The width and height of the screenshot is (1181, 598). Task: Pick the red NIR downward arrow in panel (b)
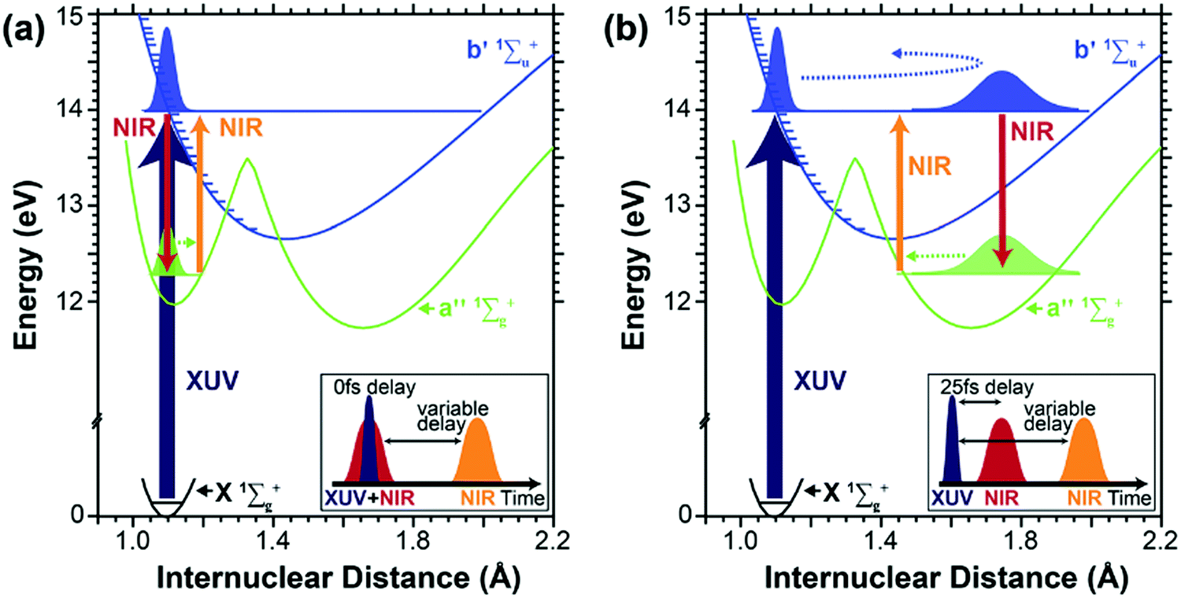[1001, 189]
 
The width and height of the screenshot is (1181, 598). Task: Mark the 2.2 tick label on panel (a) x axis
[554, 542]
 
